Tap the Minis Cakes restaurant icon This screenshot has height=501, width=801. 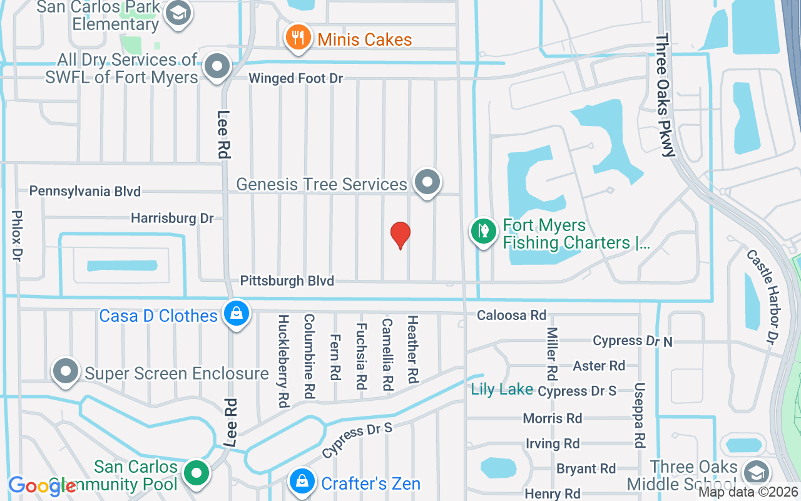(298, 38)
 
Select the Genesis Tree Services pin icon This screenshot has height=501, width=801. (428, 182)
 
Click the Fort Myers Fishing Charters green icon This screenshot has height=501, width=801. (483, 232)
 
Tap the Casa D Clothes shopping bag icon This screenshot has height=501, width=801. (237, 314)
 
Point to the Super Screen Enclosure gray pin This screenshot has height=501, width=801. (66, 371)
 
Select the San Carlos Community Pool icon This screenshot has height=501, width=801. (198, 472)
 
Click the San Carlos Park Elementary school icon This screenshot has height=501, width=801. (179, 13)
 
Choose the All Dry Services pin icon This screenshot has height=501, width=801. (218, 66)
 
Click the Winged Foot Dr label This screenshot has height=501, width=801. (296, 78)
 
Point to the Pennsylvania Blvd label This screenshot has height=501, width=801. (85, 191)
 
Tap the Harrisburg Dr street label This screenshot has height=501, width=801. (172, 218)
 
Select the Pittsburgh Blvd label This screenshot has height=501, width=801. (287, 281)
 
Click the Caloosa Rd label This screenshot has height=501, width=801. (511, 315)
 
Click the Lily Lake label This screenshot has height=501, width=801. (502, 390)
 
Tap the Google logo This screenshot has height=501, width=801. (42, 487)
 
